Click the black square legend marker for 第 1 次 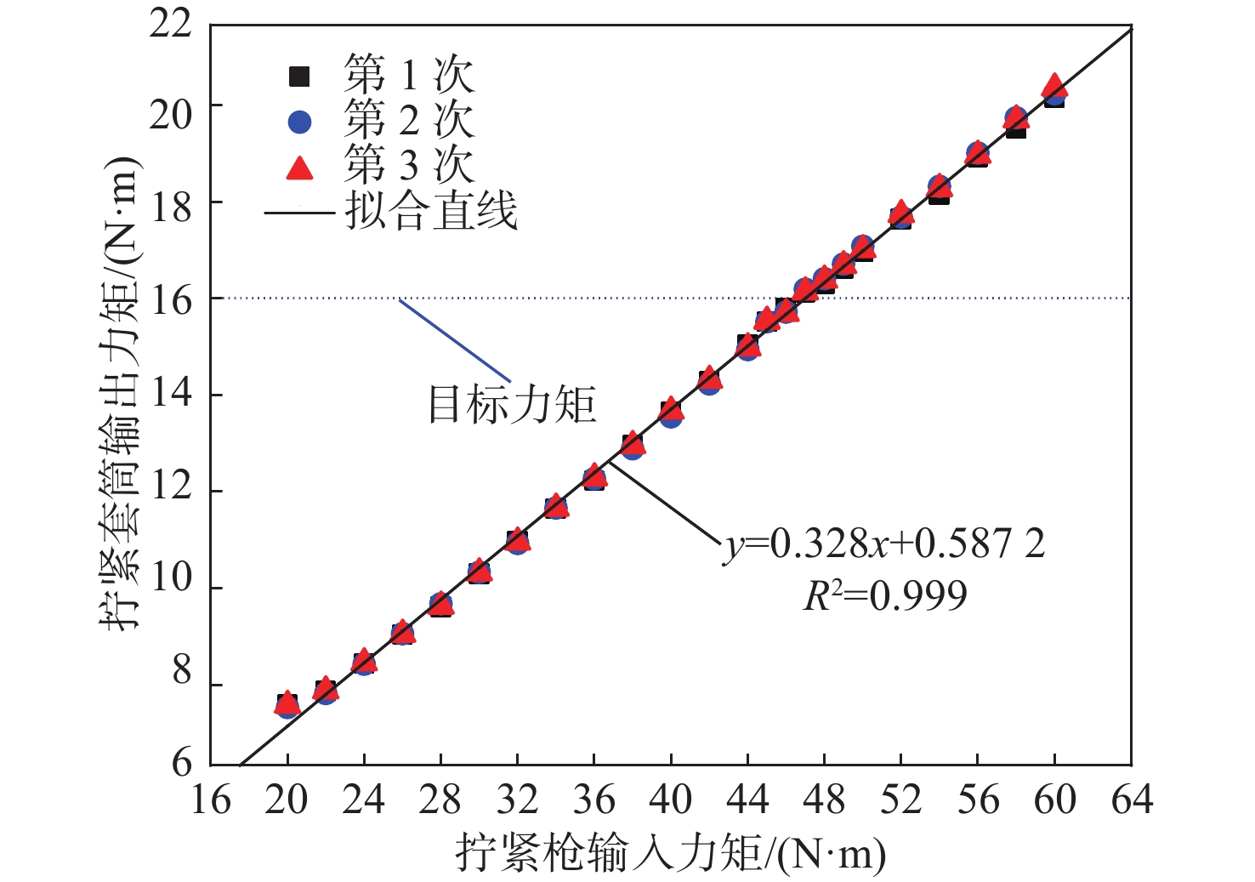299,77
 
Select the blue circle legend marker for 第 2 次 299,122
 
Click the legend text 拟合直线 430,211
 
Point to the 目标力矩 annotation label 512,404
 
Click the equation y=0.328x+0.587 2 884,543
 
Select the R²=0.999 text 884,595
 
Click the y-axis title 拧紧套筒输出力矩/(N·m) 119,393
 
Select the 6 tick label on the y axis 182,762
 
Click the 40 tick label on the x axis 671,800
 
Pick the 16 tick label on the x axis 210,800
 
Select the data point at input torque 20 287,703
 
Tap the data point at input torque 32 517,540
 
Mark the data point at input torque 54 939,190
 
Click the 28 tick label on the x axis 440,800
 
